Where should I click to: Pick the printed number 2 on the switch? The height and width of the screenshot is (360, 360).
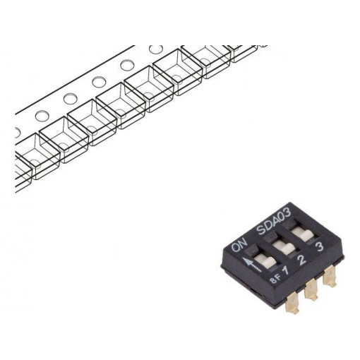click(x=304, y=260)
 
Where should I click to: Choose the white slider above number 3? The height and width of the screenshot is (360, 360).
click(x=304, y=234)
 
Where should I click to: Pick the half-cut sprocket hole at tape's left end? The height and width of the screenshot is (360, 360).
click(x=17, y=133)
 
